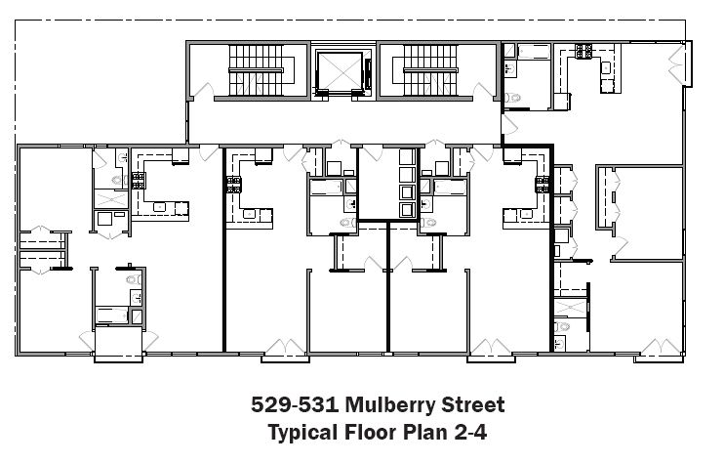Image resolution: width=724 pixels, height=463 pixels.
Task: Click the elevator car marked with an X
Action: tap(341, 70)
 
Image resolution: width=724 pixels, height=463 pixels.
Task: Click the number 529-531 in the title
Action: tap(295, 404)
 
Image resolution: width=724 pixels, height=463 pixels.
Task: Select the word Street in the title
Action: tap(473, 404)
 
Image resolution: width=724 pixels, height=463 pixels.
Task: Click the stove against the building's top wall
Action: tap(583, 51)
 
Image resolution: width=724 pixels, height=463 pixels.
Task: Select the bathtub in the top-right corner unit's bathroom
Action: tap(534, 52)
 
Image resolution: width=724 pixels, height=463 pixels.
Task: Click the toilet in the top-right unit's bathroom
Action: tap(512, 98)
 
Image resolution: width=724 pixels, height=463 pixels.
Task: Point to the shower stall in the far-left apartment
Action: tap(111, 198)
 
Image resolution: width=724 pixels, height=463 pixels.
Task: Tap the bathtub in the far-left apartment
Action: tap(112, 316)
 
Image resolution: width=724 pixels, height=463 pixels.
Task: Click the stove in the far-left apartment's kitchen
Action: tap(139, 180)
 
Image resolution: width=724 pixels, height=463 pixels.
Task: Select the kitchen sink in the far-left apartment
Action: tap(159, 207)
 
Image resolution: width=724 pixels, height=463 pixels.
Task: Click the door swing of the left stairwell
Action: tap(204, 91)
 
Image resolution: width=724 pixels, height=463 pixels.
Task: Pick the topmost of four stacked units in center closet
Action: tap(407, 156)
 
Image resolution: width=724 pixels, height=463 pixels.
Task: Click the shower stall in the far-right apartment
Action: tap(570, 308)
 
